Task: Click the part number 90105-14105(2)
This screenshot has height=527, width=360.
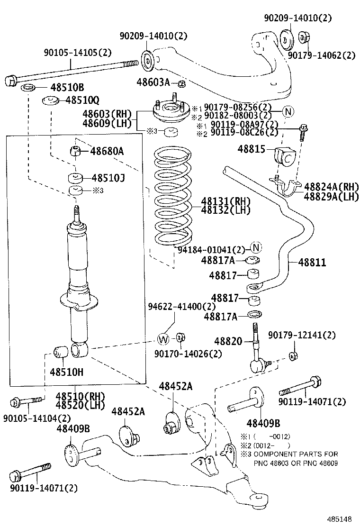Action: [78, 52]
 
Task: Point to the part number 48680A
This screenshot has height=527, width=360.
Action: [107, 151]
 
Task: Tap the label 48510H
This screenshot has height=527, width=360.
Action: [67, 372]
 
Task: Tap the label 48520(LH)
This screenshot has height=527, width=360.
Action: [80, 405]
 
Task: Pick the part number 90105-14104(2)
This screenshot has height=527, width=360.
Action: [36, 418]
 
